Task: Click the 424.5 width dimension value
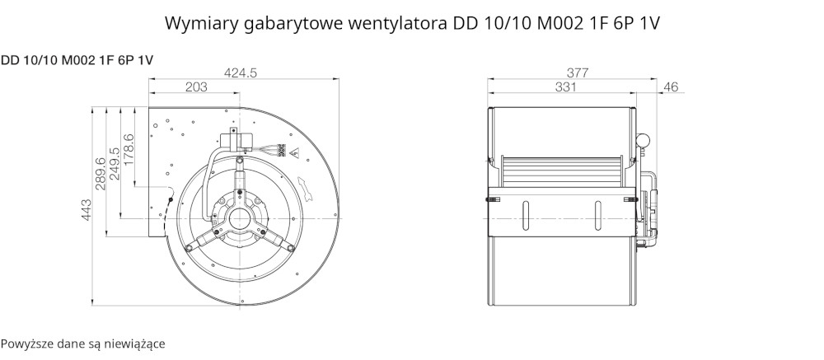pyautogui.click(x=240, y=73)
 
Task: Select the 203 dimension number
pyautogui.click(x=197, y=87)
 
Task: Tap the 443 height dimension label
pyautogui.click(x=87, y=210)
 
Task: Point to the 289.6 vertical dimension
pyautogui.click(x=101, y=174)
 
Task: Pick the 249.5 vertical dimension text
pyautogui.click(x=114, y=163)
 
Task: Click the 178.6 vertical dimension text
pyautogui.click(x=129, y=150)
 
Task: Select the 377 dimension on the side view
pyautogui.click(x=578, y=73)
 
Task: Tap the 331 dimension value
pyautogui.click(x=565, y=87)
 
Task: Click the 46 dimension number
pyautogui.click(x=671, y=87)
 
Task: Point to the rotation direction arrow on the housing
pyautogui.click(x=306, y=188)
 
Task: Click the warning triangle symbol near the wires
pyautogui.click(x=294, y=153)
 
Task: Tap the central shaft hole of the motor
pyautogui.click(x=240, y=218)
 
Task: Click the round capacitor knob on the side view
pyautogui.click(x=643, y=140)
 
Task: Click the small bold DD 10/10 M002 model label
pyautogui.click(x=77, y=60)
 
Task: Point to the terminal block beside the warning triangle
pyautogui.click(x=282, y=150)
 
